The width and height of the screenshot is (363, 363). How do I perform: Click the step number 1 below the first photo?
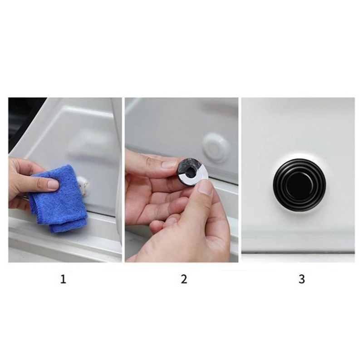point(63,279)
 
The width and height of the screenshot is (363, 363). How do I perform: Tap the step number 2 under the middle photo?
point(184,279)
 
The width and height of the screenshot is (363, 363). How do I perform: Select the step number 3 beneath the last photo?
point(302,279)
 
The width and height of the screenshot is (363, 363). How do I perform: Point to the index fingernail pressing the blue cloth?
point(53,184)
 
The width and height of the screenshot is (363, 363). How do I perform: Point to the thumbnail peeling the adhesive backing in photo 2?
point(206,187)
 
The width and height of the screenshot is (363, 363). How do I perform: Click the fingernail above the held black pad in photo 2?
point(170,165)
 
